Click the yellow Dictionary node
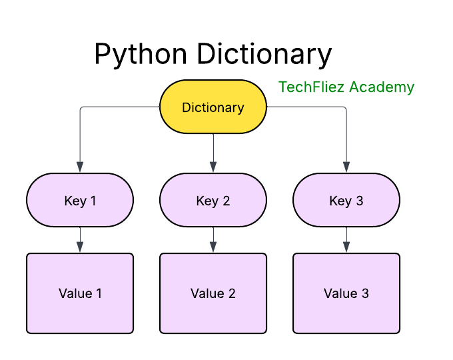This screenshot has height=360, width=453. [213, 107]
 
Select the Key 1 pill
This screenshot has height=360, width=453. [80, 200]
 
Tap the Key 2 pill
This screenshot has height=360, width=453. [213, 200]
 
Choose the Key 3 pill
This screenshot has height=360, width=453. [346, 200]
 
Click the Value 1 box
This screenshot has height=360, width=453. [80, 293]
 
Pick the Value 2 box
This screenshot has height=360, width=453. [213, 293]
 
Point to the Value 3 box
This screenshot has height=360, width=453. [346, 293]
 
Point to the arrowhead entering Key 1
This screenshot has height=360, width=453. [80, 167]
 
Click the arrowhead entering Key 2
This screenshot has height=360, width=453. [213, 167]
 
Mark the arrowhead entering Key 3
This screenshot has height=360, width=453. [346, 167]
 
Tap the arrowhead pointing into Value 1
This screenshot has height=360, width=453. [80, 247]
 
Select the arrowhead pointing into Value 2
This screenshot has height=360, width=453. [213, 247]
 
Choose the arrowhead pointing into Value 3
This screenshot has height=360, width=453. [346, 247]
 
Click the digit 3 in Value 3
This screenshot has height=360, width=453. [365, 293]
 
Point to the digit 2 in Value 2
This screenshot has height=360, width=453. [232, 293]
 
